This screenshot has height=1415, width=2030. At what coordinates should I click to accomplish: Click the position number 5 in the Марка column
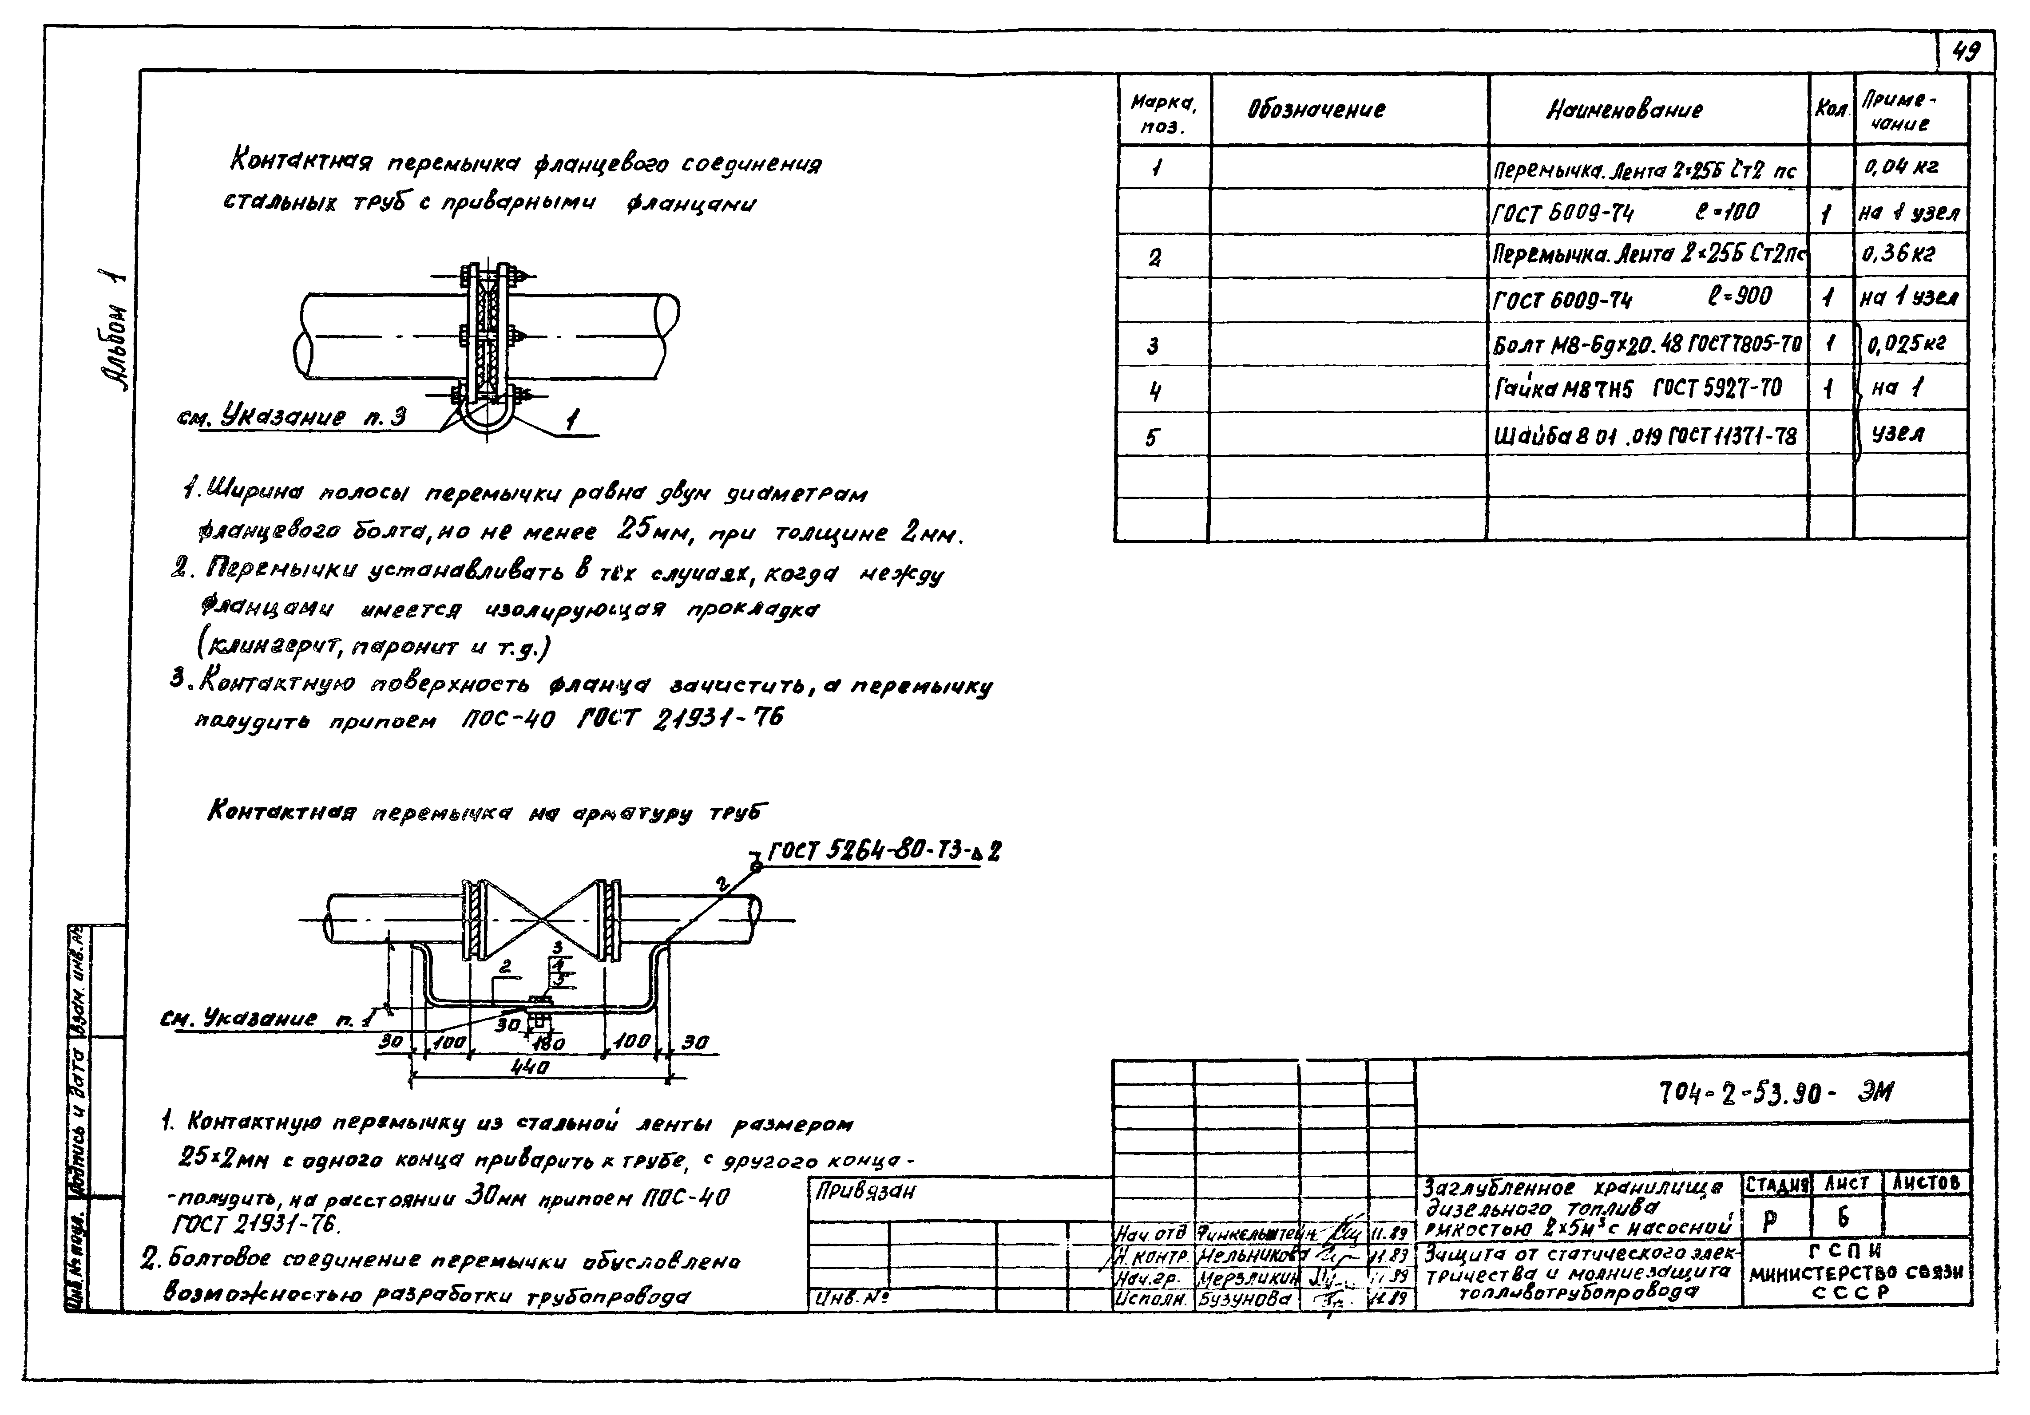[1151, 437]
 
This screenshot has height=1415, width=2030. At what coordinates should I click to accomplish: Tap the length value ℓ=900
[1739, 296]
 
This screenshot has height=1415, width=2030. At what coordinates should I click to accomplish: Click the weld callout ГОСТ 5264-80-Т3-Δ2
[884, 851]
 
